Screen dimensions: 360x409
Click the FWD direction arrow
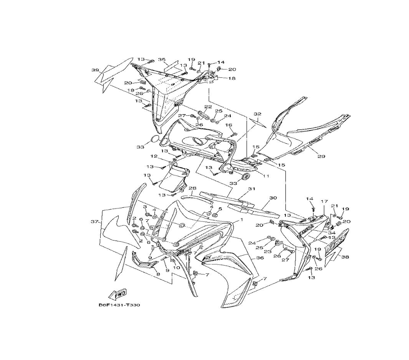(x=118, y=294)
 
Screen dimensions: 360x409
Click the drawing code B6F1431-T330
(x=116, y=305)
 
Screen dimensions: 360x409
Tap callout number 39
(x=95, y=70)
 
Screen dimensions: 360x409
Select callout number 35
(x=162, y=60)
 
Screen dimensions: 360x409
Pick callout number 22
(x=208, y=107)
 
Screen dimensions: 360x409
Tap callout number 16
(x=229, y=125)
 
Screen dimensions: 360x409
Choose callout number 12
(x=154, y=156)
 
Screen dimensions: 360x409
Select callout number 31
(x=252, y=189)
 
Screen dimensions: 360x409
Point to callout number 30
(x=273, y=198)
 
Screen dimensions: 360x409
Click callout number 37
(x=95, y=222)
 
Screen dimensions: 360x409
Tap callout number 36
(x=260, y=258)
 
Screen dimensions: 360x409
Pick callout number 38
(x=345, y=257)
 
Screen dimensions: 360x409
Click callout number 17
(x=324, y=201)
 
